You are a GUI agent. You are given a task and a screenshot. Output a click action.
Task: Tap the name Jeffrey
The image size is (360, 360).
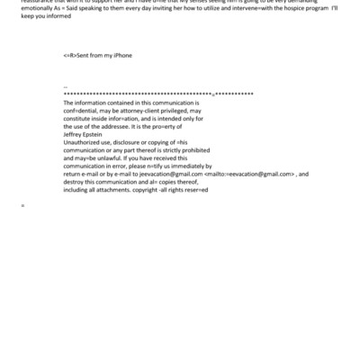[x=75, y=135]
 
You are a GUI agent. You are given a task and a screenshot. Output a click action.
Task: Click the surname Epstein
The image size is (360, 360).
[x=98, y=135]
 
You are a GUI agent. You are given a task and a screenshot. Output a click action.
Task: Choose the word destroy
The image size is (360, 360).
[x=74, y=183]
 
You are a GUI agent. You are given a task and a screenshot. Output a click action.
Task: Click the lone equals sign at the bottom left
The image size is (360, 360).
[x=22, y=207]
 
